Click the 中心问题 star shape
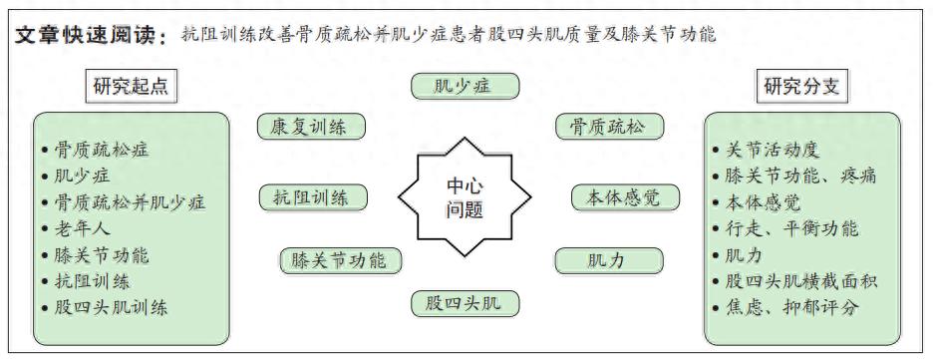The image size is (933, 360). [465, 197]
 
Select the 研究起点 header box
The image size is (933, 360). [131, 86]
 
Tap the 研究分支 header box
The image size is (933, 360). [801, 86]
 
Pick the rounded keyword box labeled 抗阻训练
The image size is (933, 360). [312, 197]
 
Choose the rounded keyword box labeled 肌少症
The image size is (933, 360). [465, 86]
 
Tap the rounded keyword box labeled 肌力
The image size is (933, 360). [608, 261]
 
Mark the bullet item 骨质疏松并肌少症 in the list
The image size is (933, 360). [130, 202]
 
